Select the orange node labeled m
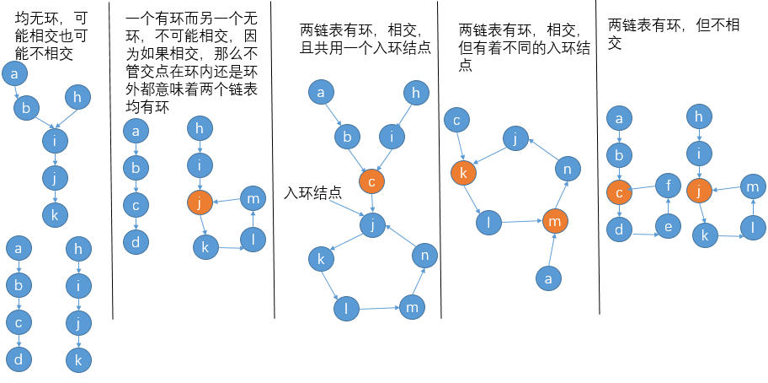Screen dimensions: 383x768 554,221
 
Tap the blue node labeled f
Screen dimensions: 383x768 668,183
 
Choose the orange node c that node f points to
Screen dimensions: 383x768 619,192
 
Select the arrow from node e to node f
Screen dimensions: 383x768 668,206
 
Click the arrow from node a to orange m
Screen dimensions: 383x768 552,249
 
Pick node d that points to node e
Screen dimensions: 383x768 619,229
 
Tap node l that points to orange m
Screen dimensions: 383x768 489,224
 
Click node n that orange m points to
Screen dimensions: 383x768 568,170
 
